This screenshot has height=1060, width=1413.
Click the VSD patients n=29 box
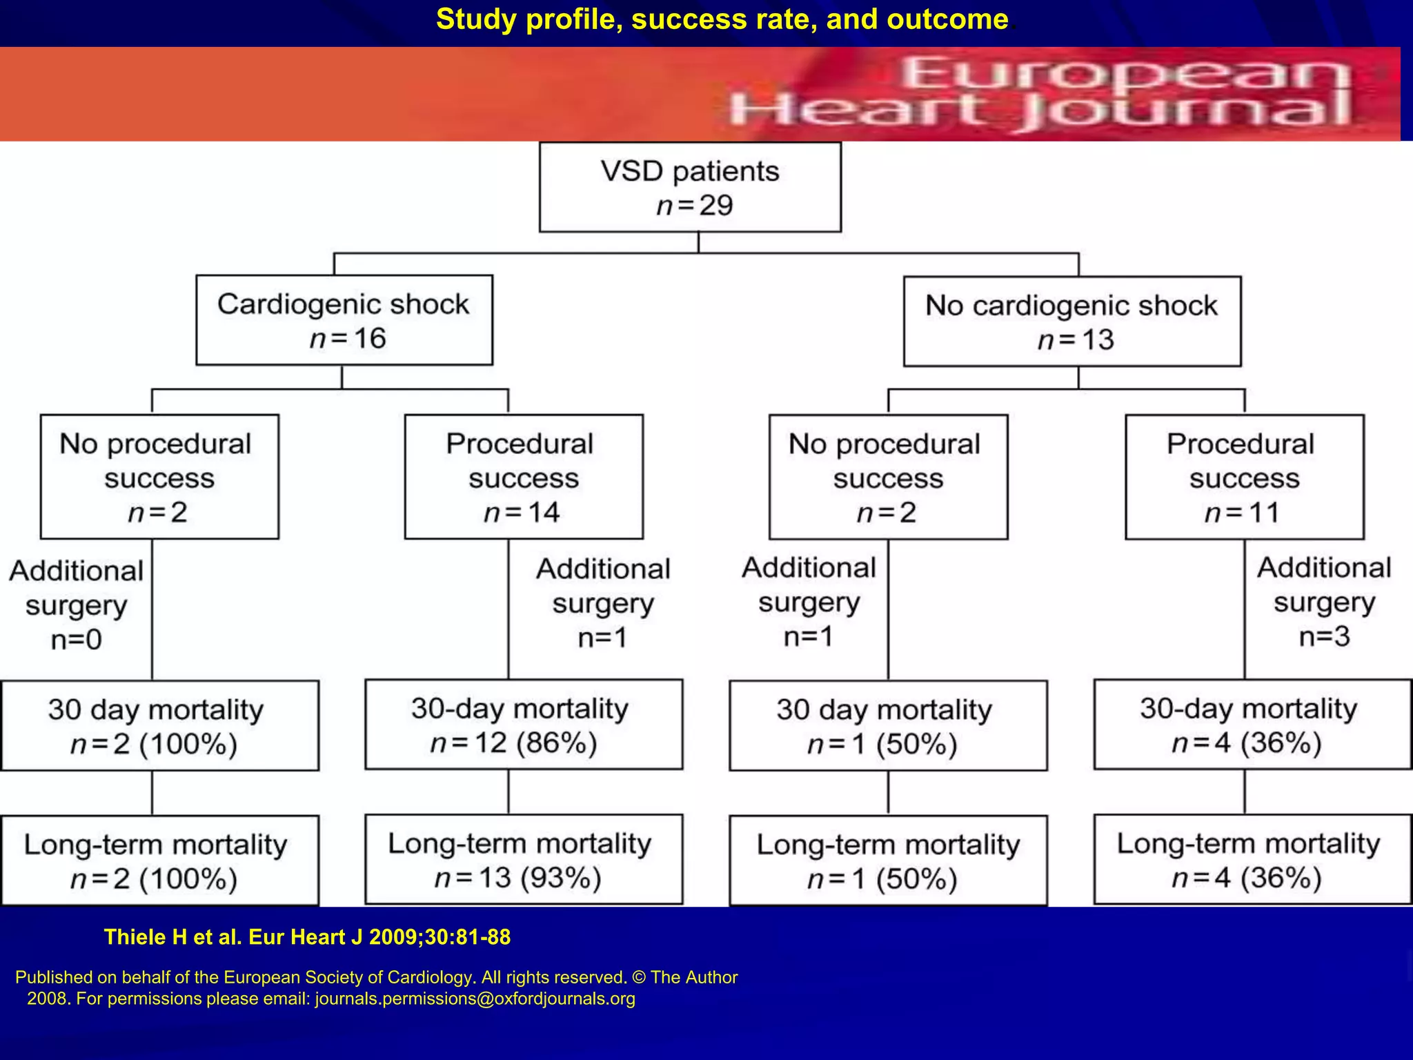point(690,187)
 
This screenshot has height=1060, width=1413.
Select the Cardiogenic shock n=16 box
point(344,320)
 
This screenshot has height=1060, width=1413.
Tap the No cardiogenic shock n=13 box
point(1072,322)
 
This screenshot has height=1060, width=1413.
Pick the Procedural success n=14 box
point(524,477)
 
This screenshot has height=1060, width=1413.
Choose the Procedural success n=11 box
point(1244,477)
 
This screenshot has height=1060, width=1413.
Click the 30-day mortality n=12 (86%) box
point(524,725)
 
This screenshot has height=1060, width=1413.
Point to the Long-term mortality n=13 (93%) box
point(524,860)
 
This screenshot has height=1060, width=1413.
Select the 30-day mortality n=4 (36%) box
point(1252,725)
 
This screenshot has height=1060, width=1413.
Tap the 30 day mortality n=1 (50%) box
point(888,726)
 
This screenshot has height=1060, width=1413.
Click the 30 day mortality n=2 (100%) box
point(159,726)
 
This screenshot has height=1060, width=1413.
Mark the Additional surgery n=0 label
point(76,605)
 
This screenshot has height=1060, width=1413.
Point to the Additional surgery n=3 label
point(1324,602)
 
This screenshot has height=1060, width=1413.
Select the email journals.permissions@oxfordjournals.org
point(475,999)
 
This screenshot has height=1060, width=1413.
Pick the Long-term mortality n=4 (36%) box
point(1252,860)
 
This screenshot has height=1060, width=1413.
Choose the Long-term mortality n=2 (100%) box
point(159,861)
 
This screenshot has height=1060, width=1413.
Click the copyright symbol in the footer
point(638,978)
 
